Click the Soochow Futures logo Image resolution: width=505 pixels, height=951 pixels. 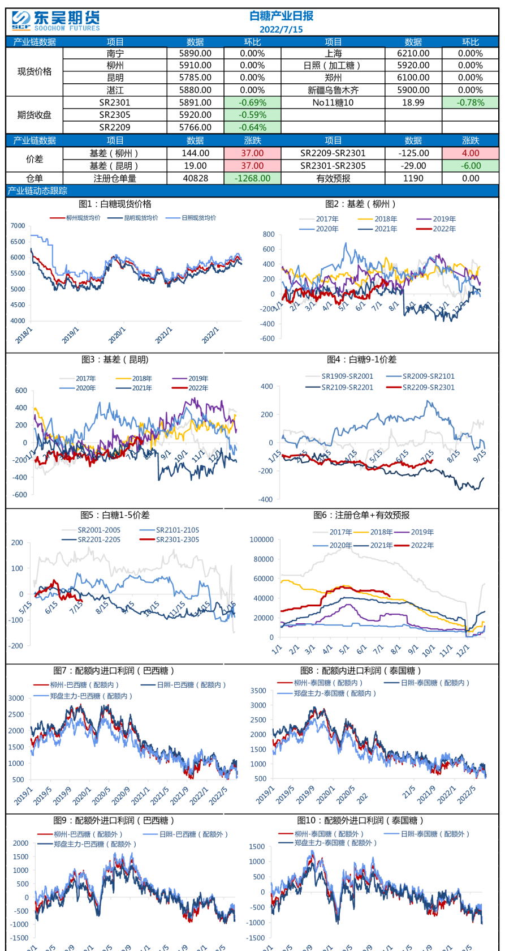coord(55,21)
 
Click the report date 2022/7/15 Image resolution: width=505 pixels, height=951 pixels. coord(281,29)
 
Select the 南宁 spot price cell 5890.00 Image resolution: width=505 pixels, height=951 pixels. coord(195,53)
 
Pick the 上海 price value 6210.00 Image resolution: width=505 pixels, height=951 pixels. coord(413,53)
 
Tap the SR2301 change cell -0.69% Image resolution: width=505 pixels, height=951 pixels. coord(252,102)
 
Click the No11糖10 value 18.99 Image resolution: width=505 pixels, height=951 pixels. coord(413,102)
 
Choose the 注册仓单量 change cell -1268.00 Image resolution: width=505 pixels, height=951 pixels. coord(252,178)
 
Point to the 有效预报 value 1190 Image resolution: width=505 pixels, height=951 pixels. coord(413,178)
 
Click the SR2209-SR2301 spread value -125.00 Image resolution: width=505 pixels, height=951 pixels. coord(413,153)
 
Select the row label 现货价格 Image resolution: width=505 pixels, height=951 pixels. coord(34,71)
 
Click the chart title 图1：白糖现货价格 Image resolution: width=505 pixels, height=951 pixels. coord(115,204)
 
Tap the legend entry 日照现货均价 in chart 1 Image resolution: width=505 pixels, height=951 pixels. coord(198,218)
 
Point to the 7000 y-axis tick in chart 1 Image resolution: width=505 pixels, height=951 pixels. coord(18,226)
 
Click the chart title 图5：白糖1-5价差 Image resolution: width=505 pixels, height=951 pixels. coord(115,515)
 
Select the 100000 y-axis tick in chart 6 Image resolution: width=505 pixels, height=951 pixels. coord(261,540)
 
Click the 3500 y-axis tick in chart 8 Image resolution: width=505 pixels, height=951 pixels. coord(258,691)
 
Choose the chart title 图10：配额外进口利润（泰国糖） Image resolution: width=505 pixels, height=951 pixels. coord(360,820)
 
